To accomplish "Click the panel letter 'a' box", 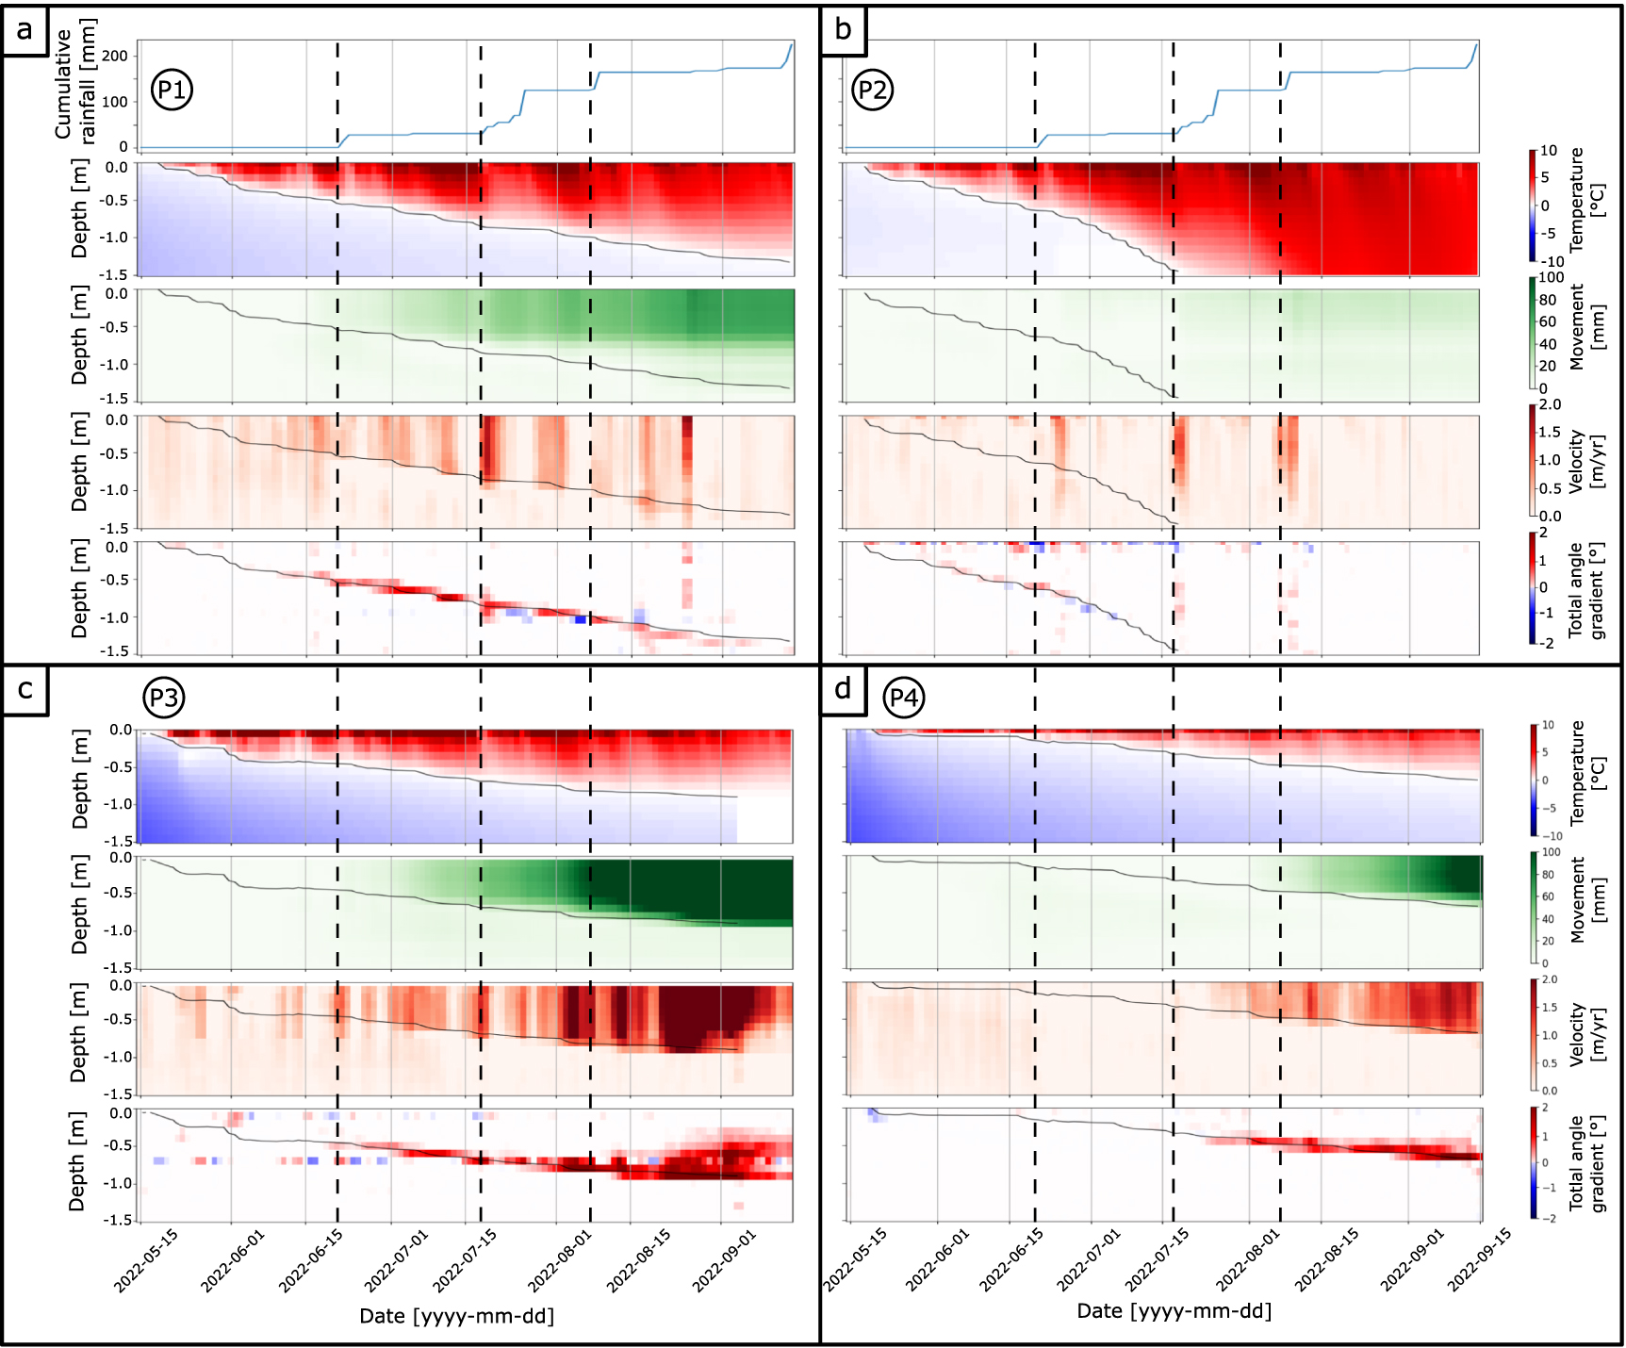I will click(24, 30).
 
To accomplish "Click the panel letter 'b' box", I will click(843, 30).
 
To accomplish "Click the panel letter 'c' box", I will click(25, 690).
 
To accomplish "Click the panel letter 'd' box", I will click(843, 689).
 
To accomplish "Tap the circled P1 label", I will click(172, 90).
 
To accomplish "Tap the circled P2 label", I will click(872, 90).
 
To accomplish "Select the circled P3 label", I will click(163, 699).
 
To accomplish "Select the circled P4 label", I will click(903, 699).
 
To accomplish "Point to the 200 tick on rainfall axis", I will click(114, 56).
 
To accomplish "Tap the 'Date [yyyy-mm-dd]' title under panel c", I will click(456, 1316).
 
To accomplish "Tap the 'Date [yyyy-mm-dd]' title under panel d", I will click(1174, 1311).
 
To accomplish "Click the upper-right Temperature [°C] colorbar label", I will click(1586, 200).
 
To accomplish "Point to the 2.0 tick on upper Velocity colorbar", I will click(1550, 405).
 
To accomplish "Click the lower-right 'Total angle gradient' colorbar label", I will click(1586, 1165).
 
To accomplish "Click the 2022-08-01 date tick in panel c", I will click(559, 1261).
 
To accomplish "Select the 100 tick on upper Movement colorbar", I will click(1551, 278).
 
